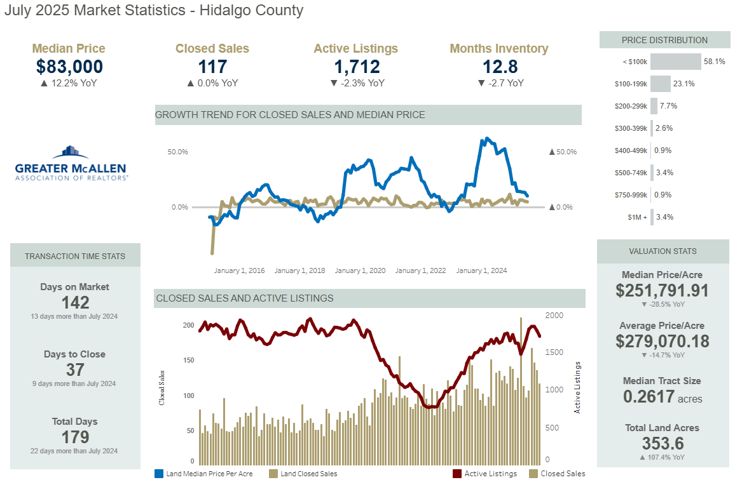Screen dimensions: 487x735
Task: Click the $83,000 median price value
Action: click(69, 67)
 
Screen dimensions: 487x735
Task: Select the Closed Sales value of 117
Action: click(212, 67)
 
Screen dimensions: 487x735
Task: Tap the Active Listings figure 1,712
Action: click(356, 67)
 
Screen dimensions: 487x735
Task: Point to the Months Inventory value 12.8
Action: click(499, 67)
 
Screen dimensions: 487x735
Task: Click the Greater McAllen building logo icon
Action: click(71, 152)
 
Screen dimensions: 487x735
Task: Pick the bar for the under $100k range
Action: click(675, 62)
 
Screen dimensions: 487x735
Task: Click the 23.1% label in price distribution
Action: click(684, 84)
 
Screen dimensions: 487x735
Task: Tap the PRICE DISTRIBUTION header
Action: click(664, 40)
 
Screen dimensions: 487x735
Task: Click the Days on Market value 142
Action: click(75, 302)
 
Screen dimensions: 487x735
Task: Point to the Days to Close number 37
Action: click(75, 370)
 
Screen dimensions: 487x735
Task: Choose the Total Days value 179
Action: click(75, 437)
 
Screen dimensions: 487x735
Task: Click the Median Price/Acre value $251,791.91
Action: click(663, 291)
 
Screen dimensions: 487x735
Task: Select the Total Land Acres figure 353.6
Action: click(663, 443)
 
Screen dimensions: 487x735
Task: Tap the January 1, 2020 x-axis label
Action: click(360, 270)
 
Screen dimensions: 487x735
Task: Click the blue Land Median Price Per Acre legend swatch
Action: click(159, 474)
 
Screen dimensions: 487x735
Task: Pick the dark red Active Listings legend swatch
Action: click(457, 474)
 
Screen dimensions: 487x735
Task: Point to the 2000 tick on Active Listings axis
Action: click(555, 316)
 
